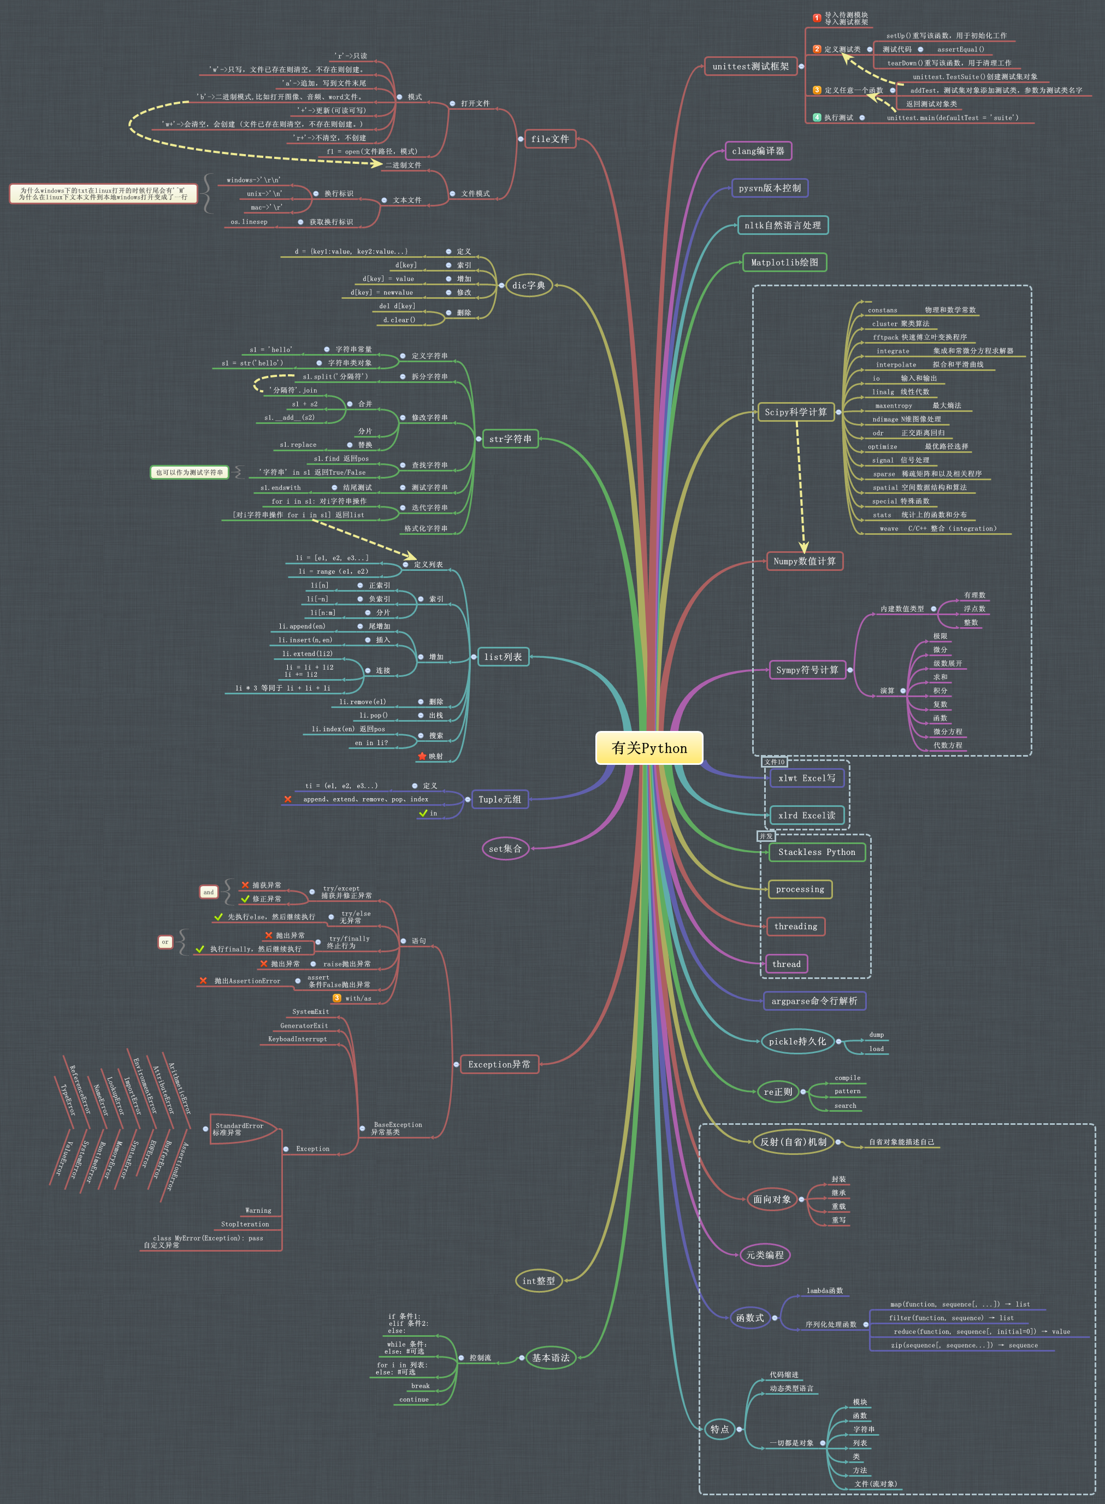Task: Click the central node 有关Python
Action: tap(649, 748)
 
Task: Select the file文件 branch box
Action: tap(550, 139)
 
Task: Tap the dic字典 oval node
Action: tap(528, 285)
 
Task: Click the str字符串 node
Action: tap(510, 439)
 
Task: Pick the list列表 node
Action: tap(503, 657)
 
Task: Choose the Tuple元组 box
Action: tap(499, 799)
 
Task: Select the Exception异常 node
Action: tap(499, 1064)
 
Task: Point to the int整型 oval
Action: tap(539, 1281)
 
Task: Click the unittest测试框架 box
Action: tap(751, 66)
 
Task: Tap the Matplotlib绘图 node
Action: tap(784, 262)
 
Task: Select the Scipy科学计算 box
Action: tap(795, 412)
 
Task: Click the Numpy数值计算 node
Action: tap(805, 561)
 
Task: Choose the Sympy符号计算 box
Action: tap(807, 670)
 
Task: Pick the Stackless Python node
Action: tap(816, 852)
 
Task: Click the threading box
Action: tap(795, 926)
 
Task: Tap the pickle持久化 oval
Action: tap(796, 1041)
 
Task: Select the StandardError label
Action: tap(239, 1126)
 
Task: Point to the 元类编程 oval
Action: tap(765, 1254)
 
